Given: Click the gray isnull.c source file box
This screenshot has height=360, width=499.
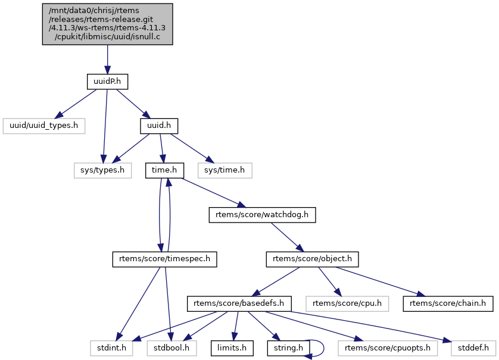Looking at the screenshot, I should [x=107, y=24].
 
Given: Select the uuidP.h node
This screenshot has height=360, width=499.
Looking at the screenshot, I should [x=107, y=80].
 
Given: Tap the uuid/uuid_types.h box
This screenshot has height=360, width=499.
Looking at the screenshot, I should [x=45, y=126].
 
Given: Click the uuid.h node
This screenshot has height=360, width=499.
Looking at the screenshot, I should [x=159, y=126].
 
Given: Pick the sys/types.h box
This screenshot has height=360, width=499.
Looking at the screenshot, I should [x=102, y=171].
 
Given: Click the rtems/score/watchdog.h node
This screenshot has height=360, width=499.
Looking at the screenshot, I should [x=261, y=214].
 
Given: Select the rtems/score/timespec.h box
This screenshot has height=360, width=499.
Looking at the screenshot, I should [x=165, y=259].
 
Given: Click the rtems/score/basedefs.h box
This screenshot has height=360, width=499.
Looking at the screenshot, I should [x=239, y=303].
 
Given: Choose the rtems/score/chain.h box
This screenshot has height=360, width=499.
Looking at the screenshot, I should [x=448, y=303].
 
